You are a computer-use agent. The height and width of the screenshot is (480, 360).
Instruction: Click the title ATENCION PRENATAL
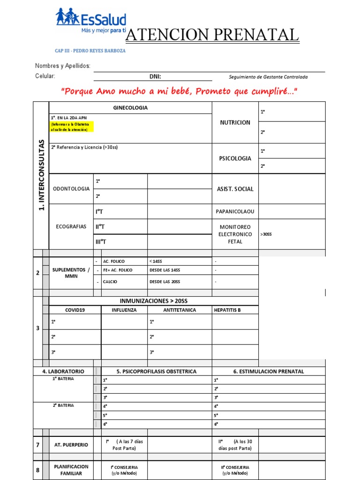(x=212, y=35)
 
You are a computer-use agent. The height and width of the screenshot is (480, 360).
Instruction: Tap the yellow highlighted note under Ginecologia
(x=72, y=127)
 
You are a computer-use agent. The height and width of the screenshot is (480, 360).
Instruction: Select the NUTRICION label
(x=235, y=122)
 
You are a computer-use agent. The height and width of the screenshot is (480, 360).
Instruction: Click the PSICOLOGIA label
(x=235, y=158)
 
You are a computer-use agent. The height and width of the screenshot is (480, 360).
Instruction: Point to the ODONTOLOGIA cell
(x=71, y=188)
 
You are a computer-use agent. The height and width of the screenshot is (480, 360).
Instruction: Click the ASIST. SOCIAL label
(x=235, y=189)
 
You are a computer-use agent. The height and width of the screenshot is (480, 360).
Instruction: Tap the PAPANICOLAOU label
(x=235, y=211)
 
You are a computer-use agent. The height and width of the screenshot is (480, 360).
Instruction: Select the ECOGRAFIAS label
(x=71, y=226)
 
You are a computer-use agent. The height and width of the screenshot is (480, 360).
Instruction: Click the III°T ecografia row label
(x=101, y=241)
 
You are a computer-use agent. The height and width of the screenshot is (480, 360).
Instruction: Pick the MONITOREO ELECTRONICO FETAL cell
(x=235, y=234)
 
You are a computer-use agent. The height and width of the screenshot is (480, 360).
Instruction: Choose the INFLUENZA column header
(x=124, y=310)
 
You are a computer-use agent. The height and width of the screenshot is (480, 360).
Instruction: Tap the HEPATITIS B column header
(x=228, y=310)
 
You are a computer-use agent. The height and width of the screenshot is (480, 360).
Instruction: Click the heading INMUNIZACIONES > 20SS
(x=154, y=301)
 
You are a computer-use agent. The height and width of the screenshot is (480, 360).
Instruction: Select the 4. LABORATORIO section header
(x=63, y=371)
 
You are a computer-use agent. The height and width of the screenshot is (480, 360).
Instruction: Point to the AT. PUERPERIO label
(x=71, y=445)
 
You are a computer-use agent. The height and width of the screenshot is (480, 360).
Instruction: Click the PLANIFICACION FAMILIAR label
(x=71, y=470)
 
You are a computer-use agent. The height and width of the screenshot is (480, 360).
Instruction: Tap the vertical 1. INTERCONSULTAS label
(x=41, y=175)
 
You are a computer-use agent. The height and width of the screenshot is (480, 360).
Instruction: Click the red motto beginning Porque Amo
(x=180, y=91)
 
